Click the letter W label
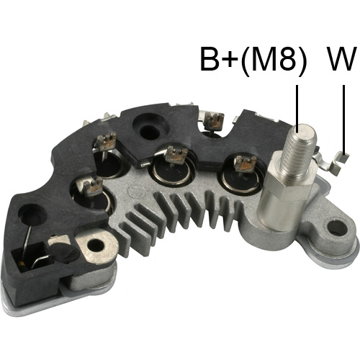click(x=341, y=58)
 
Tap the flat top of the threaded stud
click(x=302, y=130)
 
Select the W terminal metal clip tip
click(x=344, y=158)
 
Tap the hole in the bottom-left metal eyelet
click(x=96, y=246)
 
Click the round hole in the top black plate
click(x=150, y=132)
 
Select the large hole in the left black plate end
click(x=32, y=214)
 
